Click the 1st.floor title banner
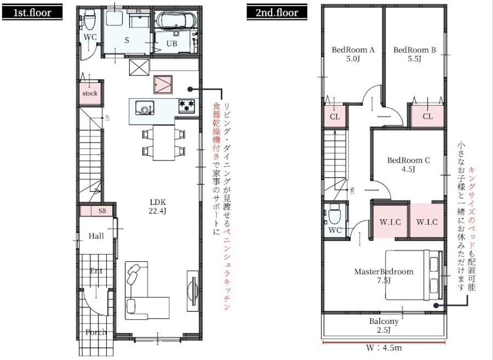32,12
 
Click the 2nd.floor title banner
277,12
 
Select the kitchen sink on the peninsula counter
145,108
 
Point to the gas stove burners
187,106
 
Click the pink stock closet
90,93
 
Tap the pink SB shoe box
96,211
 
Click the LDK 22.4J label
158,207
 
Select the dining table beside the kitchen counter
164,142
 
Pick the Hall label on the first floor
96,236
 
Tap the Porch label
96,332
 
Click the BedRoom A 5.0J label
353,54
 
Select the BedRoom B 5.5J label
415,54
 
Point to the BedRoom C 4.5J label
409,164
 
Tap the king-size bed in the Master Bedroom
414,275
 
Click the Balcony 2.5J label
384,325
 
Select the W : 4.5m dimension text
384,348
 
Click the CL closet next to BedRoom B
428,116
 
